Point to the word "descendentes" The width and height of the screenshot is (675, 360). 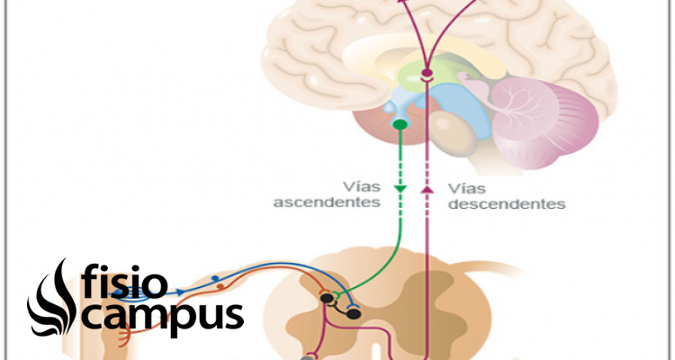tap(507, 204)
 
